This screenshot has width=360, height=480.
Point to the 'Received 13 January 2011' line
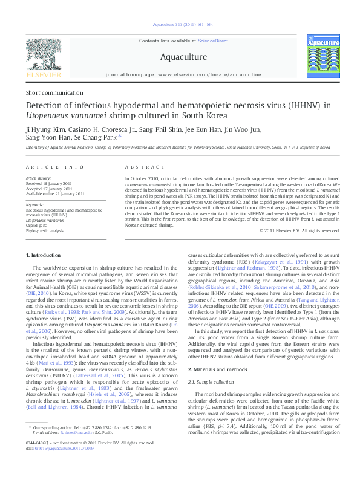pos(51,183)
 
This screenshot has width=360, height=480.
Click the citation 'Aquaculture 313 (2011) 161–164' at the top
pos(181,25)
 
